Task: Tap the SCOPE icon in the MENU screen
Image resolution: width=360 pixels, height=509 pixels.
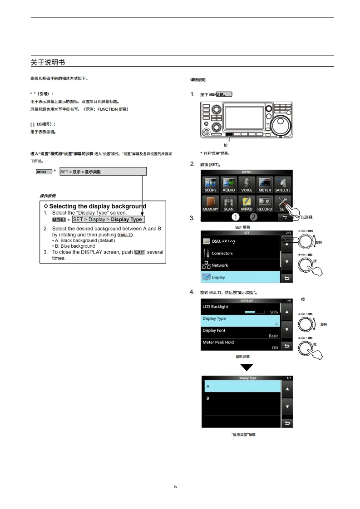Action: click(x=211, y=184)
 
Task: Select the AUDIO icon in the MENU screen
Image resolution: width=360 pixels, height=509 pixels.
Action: click(x=228, y=184)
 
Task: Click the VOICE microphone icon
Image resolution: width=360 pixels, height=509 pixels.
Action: click(x=247, y=184)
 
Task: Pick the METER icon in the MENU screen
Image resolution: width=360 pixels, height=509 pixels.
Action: click(x=265, y=184)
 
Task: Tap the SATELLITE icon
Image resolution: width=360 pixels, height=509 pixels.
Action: click(x=282, y=184)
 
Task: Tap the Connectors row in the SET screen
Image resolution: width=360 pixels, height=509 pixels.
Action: click(x=241, y=253)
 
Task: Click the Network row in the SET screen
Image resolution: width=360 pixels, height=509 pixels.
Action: click(x=241, y=265)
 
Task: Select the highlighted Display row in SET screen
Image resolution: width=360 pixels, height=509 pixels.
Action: click(x=241, y=277)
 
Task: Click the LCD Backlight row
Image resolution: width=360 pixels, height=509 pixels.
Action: click(x=241, y=309)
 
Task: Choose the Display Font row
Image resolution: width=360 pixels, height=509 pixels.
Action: click(x=241, y=333)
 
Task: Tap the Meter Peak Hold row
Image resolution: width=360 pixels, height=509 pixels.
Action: click(x=241, y=345)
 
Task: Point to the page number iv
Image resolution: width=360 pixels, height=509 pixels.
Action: click(x=176, y=487)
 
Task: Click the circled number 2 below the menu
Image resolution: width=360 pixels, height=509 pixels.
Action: click(x=253, y=216)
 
